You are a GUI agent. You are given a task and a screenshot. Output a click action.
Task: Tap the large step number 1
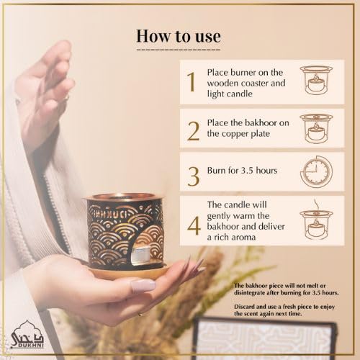[191, 83]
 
